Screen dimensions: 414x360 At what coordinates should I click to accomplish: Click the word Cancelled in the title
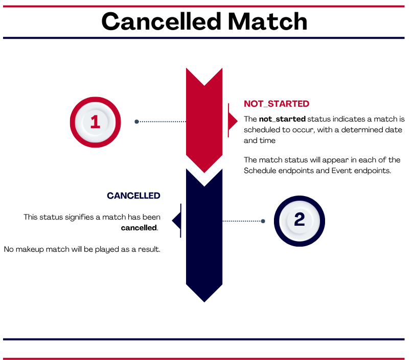tap(161, 21)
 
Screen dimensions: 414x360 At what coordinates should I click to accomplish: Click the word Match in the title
tap(267, 21)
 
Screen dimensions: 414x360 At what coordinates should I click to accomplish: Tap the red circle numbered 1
tap(95, 122)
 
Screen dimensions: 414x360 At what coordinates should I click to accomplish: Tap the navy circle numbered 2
tap(300, 221)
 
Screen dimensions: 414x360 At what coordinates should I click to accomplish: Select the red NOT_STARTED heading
tap(277, 104)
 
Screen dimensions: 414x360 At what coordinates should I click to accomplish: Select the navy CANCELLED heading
tap(133, 196)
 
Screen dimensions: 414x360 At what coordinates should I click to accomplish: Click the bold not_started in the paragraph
tap(282, 119)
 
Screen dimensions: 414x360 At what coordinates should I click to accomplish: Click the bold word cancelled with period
tap(140, 228)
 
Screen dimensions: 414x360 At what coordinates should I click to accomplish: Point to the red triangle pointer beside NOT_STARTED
tap(233, 121)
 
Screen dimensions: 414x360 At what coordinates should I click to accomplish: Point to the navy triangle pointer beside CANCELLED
tap(177, 221)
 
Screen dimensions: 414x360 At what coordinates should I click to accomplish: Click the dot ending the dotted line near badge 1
tap(136, 122)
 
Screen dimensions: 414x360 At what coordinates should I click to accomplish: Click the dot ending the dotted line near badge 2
tap(263, 221)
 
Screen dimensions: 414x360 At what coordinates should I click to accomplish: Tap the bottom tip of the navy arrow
tap(204, 302)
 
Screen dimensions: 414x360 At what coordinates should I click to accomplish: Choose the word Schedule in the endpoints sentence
tap(260, 171)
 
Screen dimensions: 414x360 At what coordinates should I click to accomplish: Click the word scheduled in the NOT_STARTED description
tap(261, 130)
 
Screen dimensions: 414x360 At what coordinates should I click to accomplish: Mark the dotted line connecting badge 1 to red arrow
tap(162, 122)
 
